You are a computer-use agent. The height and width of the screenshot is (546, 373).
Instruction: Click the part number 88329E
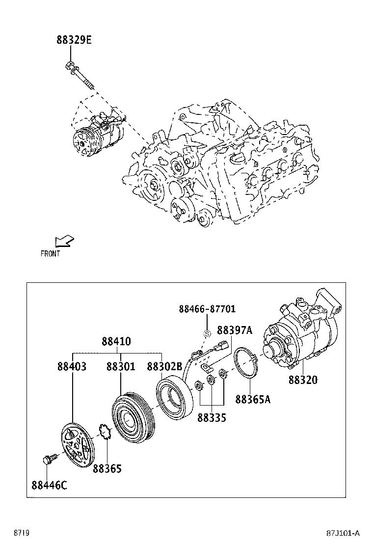[x=74, y=40]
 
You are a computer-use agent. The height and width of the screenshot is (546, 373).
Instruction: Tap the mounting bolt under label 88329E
[x=79, y=76]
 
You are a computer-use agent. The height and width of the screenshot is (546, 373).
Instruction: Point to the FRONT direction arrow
[x=64, y=241]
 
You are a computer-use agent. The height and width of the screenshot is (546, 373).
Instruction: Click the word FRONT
[x=50, y=254]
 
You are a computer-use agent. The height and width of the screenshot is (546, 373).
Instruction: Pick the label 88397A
[x=235, y=330]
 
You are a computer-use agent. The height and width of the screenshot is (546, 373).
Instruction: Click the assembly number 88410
[x=116, y=341]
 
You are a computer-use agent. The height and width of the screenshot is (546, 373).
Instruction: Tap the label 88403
[x=72, y=366]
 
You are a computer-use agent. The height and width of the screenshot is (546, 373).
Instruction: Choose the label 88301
[x=121, y=366]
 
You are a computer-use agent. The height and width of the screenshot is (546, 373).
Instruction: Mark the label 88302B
[x=164, y=366]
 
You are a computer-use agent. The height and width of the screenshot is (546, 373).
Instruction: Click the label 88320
[x=303, y=380]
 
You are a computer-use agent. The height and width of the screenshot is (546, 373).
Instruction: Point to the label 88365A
[x=253, y=399]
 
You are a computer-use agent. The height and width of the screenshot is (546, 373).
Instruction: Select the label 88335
[x=212, y=418]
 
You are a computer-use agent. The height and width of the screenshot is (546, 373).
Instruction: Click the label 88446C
[x=49, y=486]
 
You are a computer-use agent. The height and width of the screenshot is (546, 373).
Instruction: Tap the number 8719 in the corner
[x=21, y=533]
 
